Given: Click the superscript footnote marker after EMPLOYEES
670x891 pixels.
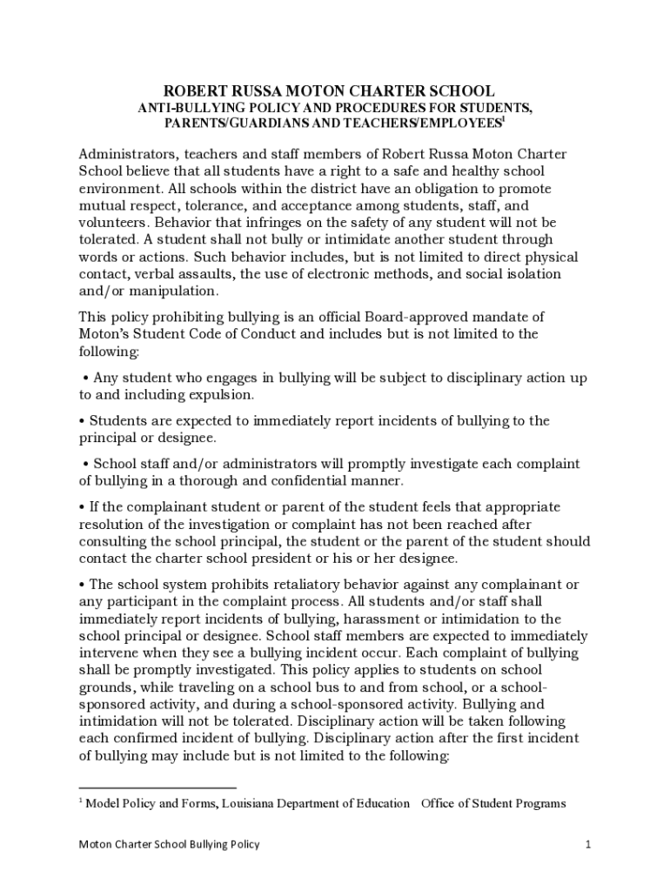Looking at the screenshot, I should (x=503, y=119).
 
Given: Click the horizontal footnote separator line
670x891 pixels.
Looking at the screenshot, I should (x=157, y=788).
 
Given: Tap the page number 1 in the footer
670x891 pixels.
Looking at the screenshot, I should (x=588, y=844).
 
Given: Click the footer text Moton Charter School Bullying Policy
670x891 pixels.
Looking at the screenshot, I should (x=170, y=844).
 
